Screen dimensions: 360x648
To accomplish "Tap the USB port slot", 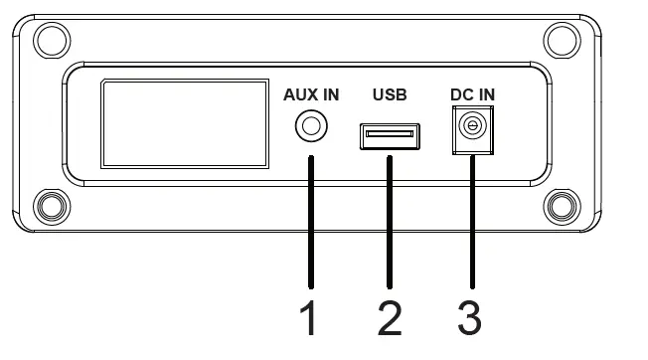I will point(390,134).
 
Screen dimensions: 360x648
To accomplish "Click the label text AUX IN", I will point(311,95).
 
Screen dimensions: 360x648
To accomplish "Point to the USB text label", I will point(390,95).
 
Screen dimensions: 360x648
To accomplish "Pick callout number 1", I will point(310,318).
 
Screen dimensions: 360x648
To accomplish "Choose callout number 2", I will point(390,318).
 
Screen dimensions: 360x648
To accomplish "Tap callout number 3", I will point(470,318).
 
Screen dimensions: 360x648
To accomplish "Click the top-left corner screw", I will point(48,40).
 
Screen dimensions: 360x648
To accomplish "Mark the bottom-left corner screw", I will point(48,207).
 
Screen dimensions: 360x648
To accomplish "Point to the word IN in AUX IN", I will point(328,95).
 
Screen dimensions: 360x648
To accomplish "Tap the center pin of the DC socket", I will point(473,126).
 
